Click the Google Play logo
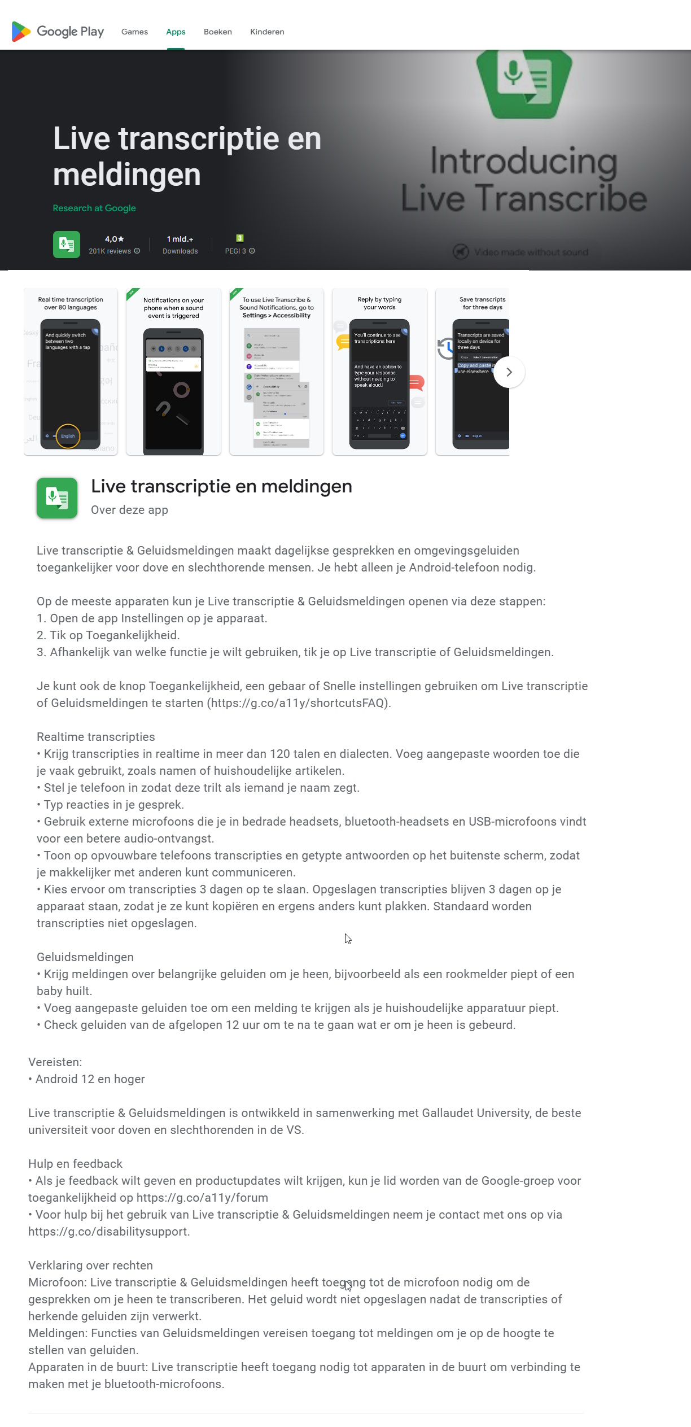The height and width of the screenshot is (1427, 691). point(58,32)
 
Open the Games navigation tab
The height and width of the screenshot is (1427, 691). point(134,32)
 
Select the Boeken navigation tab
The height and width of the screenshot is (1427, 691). point(217,32)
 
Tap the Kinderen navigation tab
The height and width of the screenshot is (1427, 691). point(267,32)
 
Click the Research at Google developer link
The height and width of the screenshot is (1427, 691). point(94,208)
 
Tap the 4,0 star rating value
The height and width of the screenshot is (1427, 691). point(114,239)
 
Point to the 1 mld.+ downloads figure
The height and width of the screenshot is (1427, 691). point(180,239)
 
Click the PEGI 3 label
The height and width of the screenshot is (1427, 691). point(235,251)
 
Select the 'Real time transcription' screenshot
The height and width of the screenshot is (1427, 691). point(71,371)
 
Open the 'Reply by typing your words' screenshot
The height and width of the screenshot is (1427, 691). point(379,371)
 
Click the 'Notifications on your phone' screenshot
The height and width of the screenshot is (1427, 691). point(173,371)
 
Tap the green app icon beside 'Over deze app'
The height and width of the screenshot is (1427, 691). point(57,498)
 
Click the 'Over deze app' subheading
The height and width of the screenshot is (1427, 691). point(129,510)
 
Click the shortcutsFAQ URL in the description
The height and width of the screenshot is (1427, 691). point(299,703)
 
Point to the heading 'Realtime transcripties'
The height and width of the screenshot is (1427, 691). point(95,737)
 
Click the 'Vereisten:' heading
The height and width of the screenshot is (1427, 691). point(55,1062)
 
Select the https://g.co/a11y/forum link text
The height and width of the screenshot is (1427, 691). point(202,1198)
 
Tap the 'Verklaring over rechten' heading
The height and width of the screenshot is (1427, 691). point(90,1265)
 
